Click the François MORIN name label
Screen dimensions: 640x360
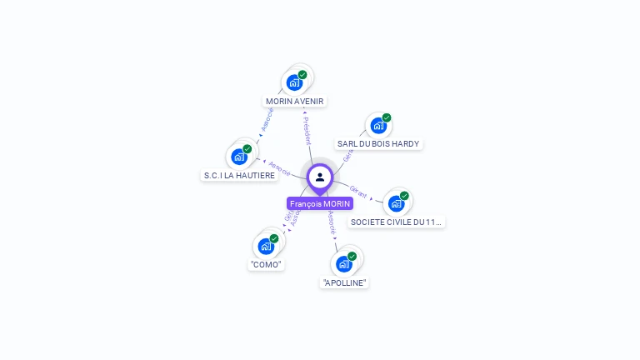(320, 203)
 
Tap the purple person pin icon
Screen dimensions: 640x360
(320, 177)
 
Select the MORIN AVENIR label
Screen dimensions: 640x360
(294, 102)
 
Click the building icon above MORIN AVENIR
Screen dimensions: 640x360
(293, 82)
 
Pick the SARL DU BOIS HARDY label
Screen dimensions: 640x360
(378, 143)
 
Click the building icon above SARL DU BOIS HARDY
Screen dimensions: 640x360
(378, 126)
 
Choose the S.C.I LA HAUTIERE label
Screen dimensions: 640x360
(239, 175)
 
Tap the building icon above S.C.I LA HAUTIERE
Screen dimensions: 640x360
(239, 157)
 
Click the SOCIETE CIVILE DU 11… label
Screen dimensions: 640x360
(397, 222)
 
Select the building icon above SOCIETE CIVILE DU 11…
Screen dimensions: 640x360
(397, 202)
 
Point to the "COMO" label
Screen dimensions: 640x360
(266, 264)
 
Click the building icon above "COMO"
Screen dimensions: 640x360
(266, 246)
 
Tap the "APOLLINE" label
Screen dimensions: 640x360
(344, 282)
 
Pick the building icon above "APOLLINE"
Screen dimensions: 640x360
(344, 264)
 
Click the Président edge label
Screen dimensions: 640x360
(307, 131)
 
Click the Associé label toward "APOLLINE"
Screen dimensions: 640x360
(332, 221)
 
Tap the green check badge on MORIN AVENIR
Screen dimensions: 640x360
(302, 75)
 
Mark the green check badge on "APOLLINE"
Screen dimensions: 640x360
(352, 257)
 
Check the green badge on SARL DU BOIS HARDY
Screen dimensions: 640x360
(387, 118)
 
